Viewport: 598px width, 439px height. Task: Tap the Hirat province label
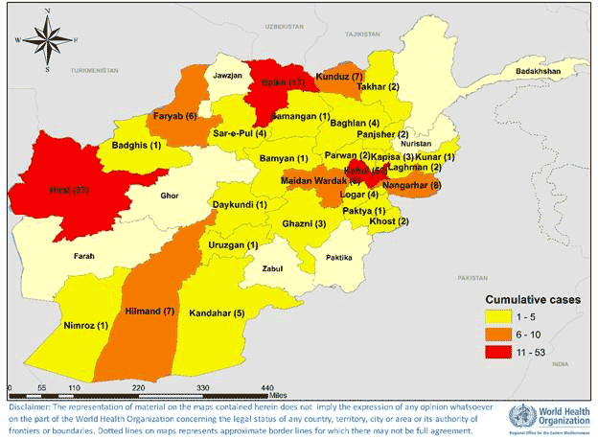click(69, 191)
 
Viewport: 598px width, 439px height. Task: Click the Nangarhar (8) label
click(411, 185)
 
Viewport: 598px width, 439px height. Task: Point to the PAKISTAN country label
click(472, 276)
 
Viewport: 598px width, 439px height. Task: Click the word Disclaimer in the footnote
click(29, 406)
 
